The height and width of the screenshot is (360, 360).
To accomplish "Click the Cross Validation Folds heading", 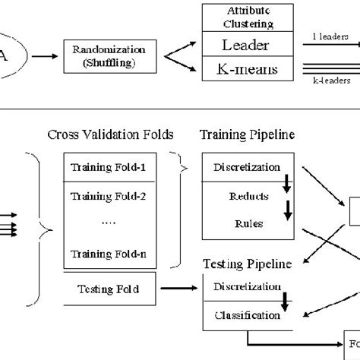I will (110, 135).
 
